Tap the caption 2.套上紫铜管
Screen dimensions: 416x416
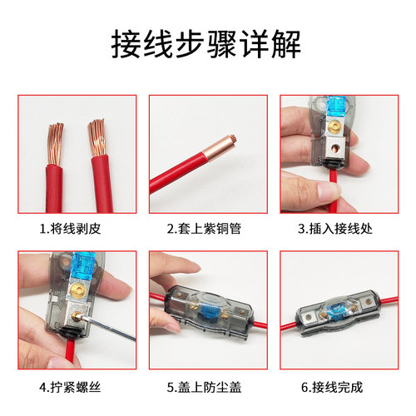207,227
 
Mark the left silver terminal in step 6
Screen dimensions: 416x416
314,314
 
